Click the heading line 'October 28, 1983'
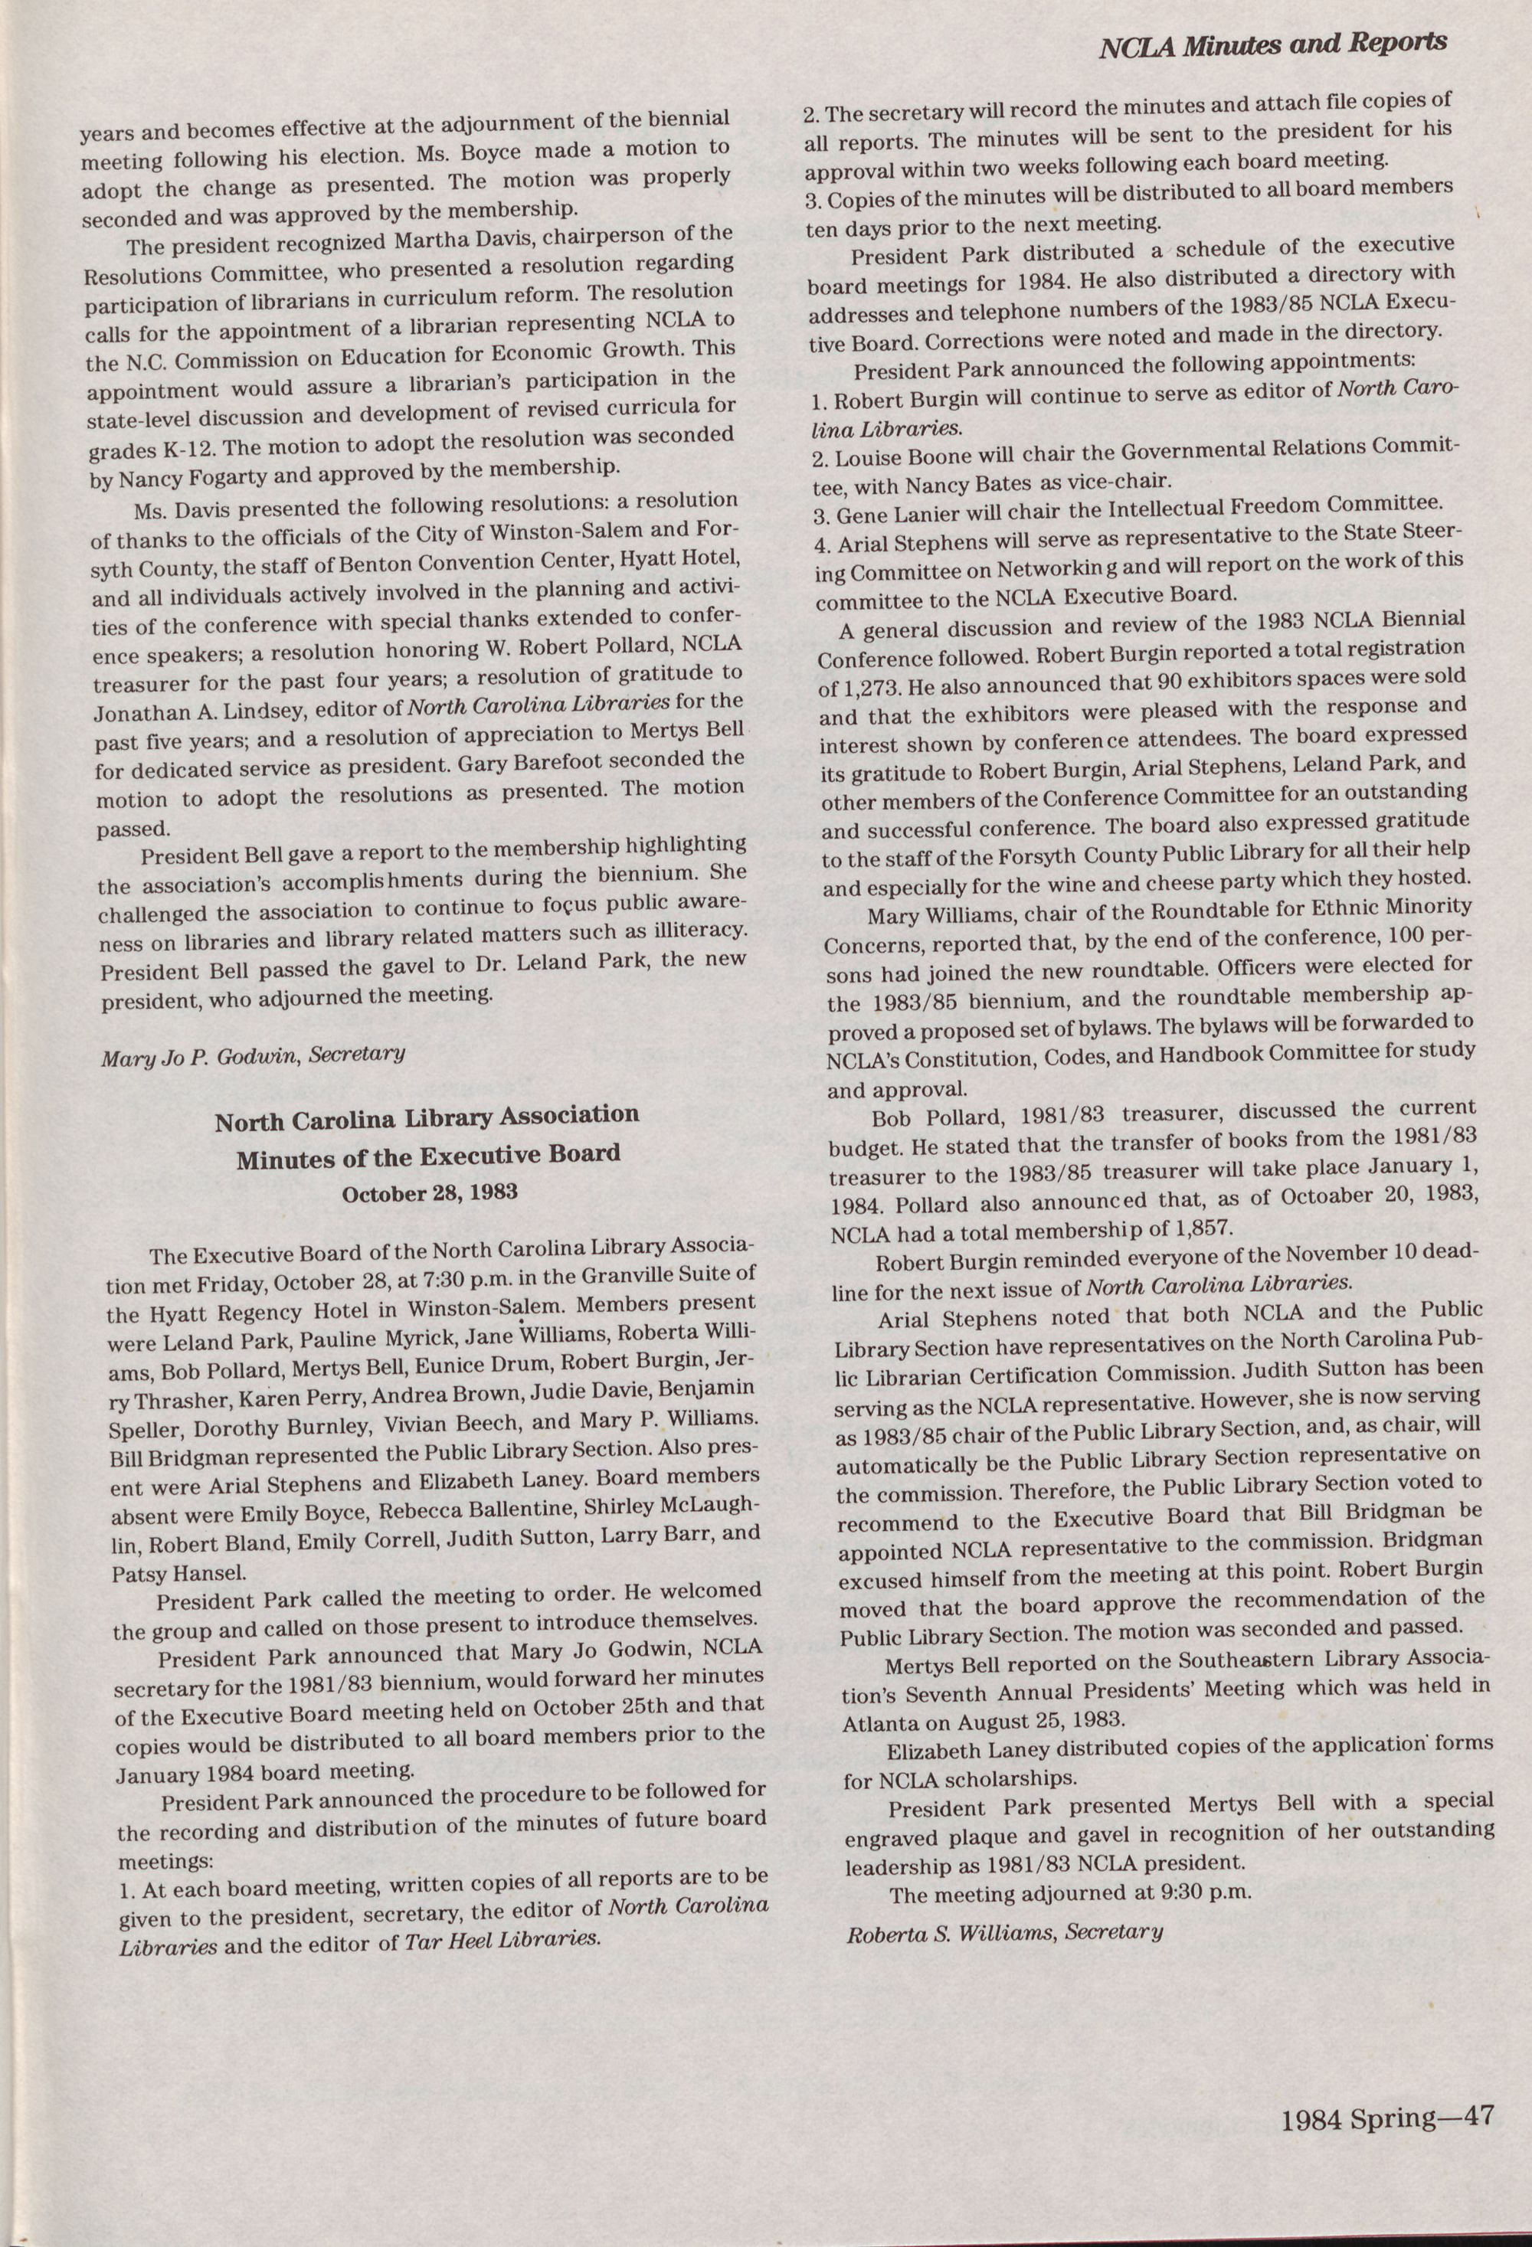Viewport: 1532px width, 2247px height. tap(430, 1193)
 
